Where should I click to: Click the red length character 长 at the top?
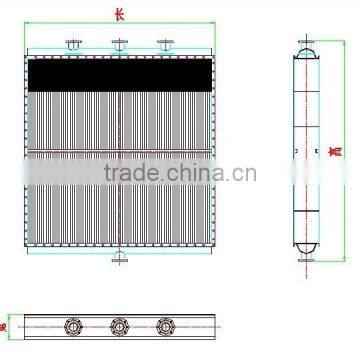point(119,14)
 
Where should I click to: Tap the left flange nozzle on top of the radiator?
point(73,46)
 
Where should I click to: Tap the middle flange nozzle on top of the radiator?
point(120,46)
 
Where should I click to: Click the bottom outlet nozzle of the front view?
point(120,258)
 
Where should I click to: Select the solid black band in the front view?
point(119,73)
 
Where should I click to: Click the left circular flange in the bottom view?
point(73,326)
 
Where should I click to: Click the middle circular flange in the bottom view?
point(120,326)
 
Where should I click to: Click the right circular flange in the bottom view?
point(166,326)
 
